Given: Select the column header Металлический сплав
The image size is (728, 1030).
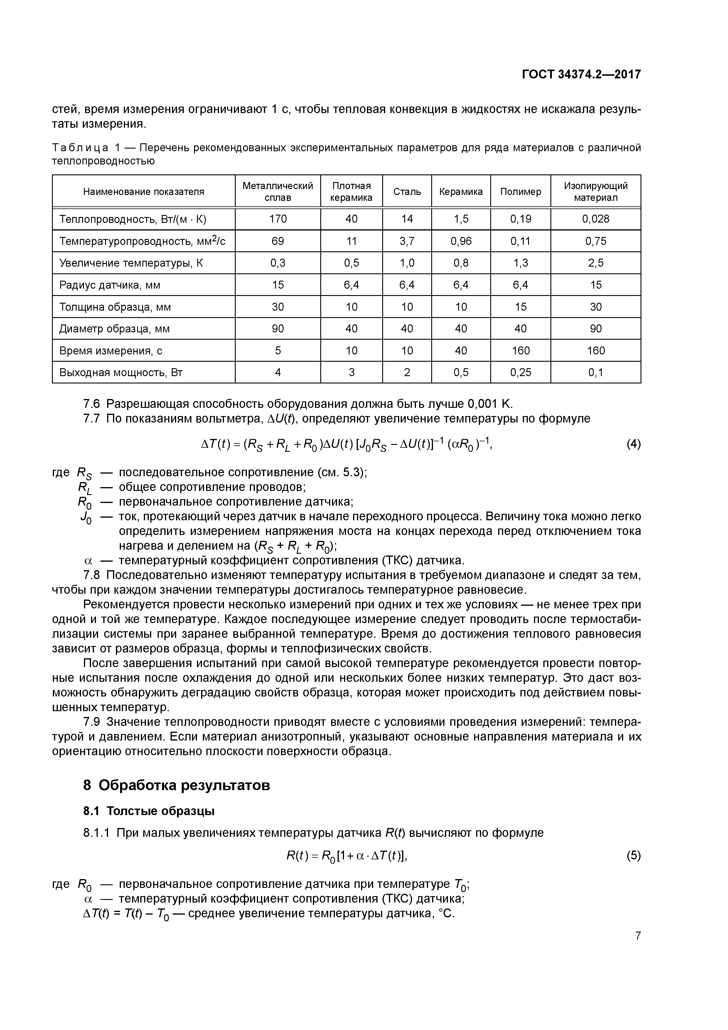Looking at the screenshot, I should pos(278,191).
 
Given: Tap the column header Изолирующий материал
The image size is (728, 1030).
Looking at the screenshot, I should pos(595,191).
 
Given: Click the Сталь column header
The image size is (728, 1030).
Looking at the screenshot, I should pos(407,191).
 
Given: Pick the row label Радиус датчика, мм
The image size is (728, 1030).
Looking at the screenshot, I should pos(109,285).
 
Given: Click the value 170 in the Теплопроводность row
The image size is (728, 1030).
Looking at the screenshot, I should pos(278,219).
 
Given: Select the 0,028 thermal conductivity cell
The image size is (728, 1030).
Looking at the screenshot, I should pos(595,219).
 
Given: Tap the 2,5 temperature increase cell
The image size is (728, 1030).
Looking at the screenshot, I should pos(595,263).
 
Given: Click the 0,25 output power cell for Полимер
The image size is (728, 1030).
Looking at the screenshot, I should pos(520,372).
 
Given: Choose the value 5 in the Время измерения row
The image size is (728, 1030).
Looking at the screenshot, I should pos(278,350).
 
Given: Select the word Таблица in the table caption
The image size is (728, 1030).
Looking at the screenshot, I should pos(80,148).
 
